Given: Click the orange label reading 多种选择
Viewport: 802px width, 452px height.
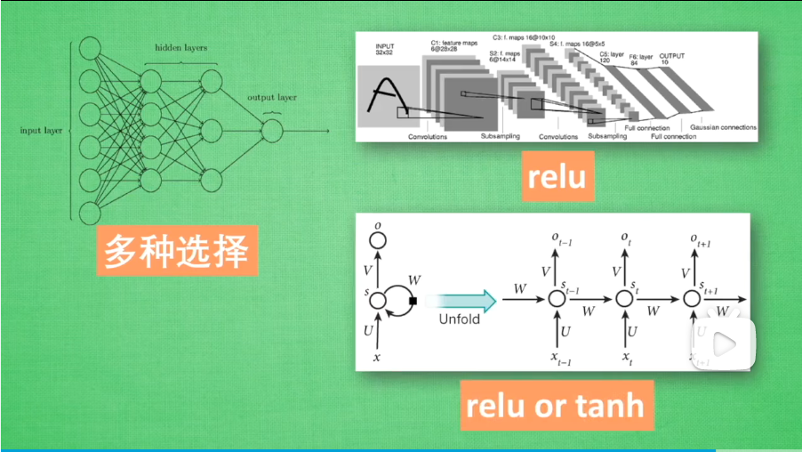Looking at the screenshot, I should (x=175, y=252).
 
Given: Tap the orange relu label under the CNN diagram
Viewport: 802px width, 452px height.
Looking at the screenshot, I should (x=557, y=177).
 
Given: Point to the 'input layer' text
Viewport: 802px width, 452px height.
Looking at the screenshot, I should (x=41, y=131).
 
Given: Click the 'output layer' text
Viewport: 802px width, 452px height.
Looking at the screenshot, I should (x=271, y=98).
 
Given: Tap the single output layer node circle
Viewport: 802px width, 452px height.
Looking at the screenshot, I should (x=271, y=132).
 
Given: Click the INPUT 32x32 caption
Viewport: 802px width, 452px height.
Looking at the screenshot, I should (x=385, y=50).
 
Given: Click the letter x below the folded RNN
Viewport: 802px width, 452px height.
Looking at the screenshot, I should (x=378, y=357).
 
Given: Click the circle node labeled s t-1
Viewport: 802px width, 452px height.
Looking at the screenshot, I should (x=557, y=300).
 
